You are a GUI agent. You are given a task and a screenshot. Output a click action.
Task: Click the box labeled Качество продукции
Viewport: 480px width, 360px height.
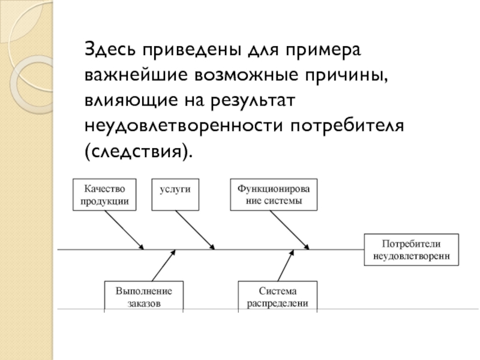click(x=104, y=194)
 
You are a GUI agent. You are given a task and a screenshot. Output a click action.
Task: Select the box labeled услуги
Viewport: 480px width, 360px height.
click(x=175, y=194)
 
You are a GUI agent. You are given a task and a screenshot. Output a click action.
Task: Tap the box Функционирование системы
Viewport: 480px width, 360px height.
click(x=274, y=194)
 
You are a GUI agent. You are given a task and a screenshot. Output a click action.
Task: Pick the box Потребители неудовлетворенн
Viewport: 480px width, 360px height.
click(x=412, y=250)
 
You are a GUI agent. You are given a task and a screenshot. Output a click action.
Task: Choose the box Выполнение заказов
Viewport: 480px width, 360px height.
click(x=144, y=296)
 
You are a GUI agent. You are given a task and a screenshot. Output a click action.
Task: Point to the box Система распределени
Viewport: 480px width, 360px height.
click(x=278, y=296)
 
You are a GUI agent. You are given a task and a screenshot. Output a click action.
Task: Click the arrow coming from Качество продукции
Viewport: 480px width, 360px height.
click(x=124, y=230)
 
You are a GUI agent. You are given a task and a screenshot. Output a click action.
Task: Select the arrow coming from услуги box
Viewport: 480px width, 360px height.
click(x=195, y=230)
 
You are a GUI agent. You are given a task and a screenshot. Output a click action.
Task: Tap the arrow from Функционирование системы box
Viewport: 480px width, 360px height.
click(x=290, y=230)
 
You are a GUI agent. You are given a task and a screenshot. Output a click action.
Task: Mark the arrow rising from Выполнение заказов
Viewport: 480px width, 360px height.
click(x=164, y=265)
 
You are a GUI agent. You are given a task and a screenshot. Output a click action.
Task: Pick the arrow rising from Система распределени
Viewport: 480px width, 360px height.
click(x=286, y=265)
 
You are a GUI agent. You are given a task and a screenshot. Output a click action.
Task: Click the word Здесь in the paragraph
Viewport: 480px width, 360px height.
click(x=110, y=49)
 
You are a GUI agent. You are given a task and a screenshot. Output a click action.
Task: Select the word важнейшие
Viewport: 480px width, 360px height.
click(x=136, y=74)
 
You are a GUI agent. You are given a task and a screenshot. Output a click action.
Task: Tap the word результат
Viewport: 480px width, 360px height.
click(x=253, y=101)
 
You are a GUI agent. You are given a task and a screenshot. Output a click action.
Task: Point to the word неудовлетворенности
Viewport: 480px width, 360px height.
click(x=184, y=125)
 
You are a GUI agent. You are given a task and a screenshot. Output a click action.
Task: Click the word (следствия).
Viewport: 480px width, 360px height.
click(x=139, y=152)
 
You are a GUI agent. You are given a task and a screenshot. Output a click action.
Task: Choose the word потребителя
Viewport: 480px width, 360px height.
click(x=347, y=125)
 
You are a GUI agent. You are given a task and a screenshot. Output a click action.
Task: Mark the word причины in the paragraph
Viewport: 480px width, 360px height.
click(x=346, y=76)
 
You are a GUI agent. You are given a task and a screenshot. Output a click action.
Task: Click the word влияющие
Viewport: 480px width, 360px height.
click(x=131, y=101)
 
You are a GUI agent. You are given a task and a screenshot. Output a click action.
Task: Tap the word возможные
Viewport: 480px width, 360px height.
click(x=246, y=74)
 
